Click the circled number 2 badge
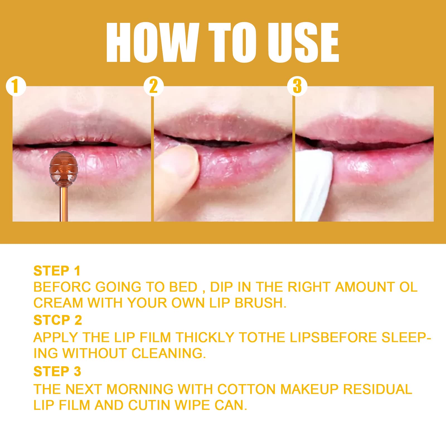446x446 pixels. pos(154,86)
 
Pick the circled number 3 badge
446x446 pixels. pos(297,86)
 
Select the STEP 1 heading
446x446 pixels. pos(57,271)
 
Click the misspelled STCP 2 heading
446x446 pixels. pos(57,320)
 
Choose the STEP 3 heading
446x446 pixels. pos(57,371)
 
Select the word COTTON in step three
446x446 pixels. pos(247,389)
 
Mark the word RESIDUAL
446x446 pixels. pos(377,389)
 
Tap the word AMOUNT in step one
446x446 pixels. pos(365,287)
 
